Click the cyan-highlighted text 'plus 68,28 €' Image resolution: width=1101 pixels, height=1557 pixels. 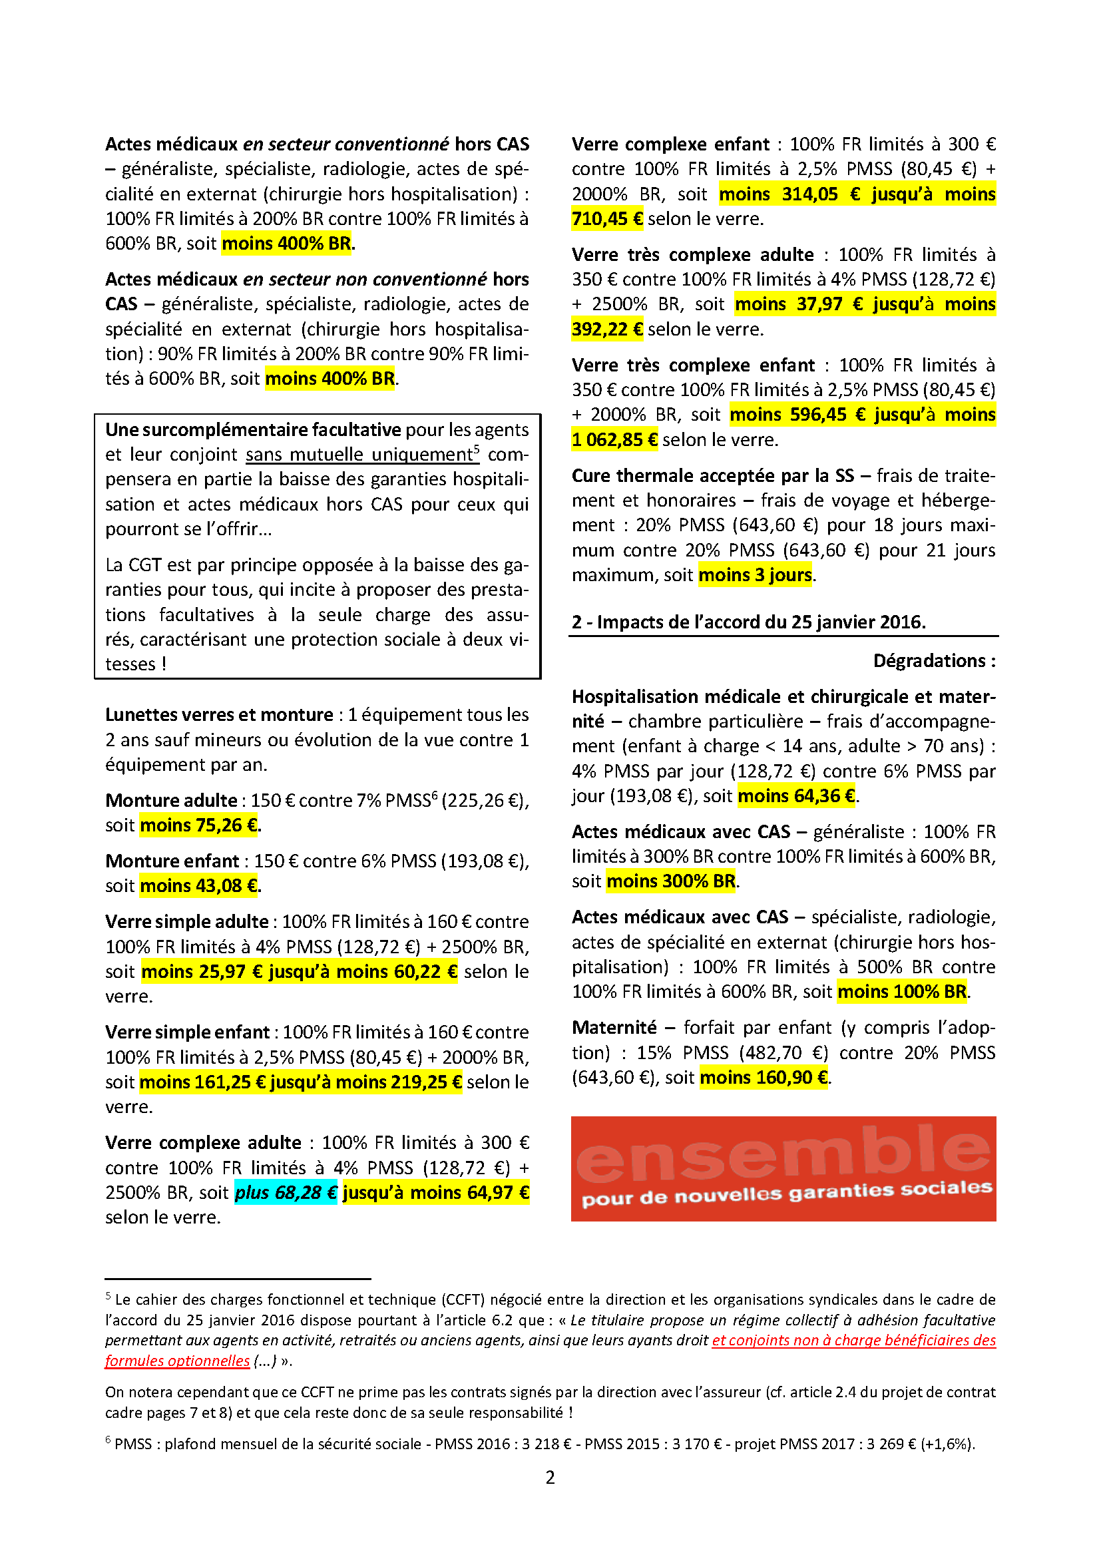click(x=286, y=1192)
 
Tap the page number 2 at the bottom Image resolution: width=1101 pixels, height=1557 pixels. click(x=550, y=1477)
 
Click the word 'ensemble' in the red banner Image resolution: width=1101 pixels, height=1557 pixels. click(x=783, y=1154)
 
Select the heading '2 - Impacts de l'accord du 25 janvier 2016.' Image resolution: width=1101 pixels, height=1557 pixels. click(x=748, y=622)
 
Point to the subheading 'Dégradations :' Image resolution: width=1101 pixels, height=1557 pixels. click(x=934, y=660)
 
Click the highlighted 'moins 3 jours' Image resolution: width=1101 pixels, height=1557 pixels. click(x=756, y=575)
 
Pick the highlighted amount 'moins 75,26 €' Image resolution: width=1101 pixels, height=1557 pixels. click(x=199, y=825)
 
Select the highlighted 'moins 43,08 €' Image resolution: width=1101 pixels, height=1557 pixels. click(x=199, y=885)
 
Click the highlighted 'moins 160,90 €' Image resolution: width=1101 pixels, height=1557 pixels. click(x=764, y=1077)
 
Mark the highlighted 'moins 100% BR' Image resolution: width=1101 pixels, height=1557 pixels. click(x=902, y=991)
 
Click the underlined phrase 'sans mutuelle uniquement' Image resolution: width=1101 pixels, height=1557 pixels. click(x=359, y=455)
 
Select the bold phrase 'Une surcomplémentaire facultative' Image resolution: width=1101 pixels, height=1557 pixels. click(x=253, y=430)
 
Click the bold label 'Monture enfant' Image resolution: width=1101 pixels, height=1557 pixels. click(x=172, y=861)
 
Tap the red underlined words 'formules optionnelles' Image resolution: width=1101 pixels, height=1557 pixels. click(x=177, y=1361)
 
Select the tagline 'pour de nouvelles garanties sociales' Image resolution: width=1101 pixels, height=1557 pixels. click(x=786, y=1194)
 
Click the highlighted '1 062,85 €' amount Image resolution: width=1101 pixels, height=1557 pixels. click(x=614, y=440)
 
